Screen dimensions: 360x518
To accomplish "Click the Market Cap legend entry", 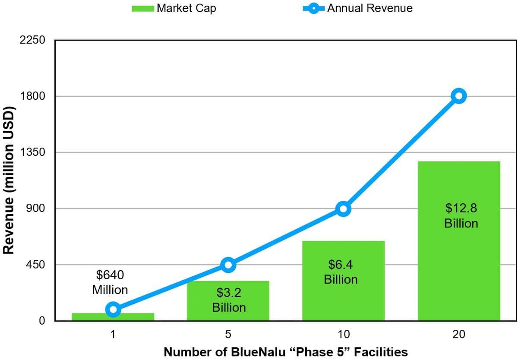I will coord(174,8).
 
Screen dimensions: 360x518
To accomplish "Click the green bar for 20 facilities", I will coord(459,268).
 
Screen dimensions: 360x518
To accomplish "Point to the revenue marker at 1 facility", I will coord(113,309).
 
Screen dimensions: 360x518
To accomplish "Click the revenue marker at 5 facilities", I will coord(228,265).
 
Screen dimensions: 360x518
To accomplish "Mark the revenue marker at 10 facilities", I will coord(343,209).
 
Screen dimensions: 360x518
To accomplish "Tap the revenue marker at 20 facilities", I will coord(458,96).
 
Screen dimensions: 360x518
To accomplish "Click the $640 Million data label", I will coord(110,282).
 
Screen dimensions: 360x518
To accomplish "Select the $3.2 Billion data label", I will coord(229,300).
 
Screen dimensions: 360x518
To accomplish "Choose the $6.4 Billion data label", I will coord(341,272).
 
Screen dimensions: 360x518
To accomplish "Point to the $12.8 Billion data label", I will coord(461,216).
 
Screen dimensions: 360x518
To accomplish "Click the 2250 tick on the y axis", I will coord(32,40).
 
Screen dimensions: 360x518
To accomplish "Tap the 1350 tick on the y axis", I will coord(32,152).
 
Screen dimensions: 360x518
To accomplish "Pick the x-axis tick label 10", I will coord(344,335).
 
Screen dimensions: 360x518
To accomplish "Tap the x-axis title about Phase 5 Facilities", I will coord(286,352).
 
